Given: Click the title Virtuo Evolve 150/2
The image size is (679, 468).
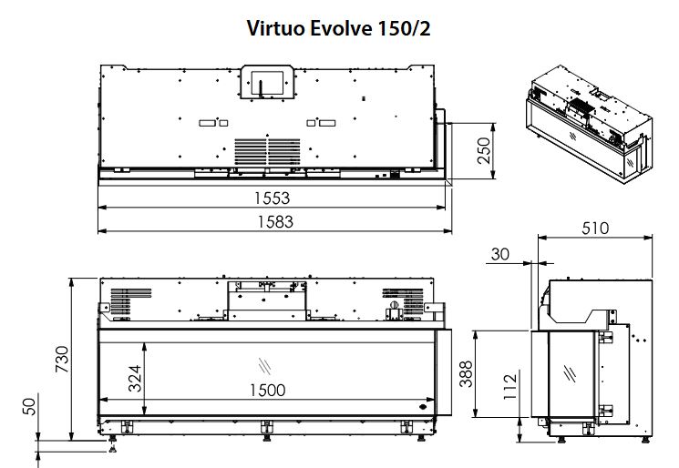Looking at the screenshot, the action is tap(339, 28).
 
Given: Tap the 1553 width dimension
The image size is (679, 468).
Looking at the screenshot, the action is tap(272, 198).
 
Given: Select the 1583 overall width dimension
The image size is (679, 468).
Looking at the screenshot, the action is tap(275, 222).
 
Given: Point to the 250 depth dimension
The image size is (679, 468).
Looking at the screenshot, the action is tap(485, 150).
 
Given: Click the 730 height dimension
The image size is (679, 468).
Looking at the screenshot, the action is tap(62, 359).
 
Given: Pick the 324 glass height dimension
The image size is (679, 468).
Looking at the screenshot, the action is tap(135, 379).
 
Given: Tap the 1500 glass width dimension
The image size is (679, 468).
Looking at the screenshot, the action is tap(268, 390).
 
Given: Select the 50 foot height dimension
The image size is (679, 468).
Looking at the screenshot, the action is tap(29, 407).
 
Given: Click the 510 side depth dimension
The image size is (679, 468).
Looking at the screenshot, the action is tap(595, 228).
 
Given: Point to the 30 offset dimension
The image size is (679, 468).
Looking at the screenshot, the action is tap(500, 254).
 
